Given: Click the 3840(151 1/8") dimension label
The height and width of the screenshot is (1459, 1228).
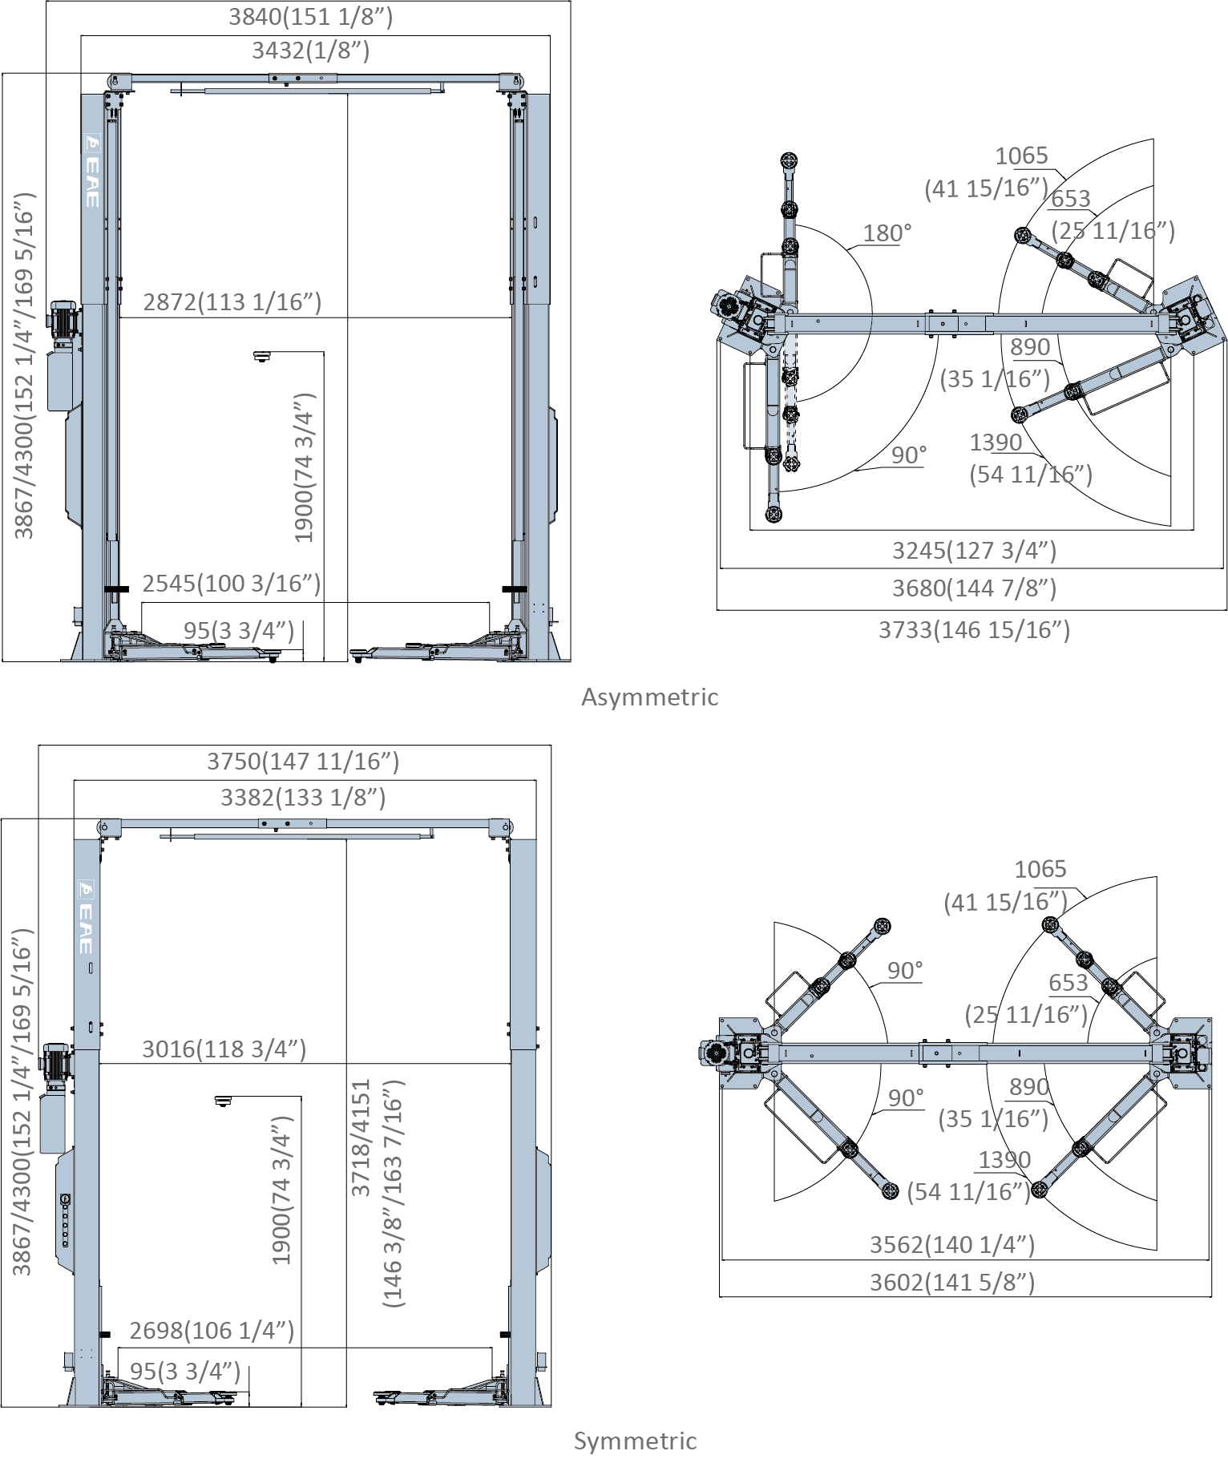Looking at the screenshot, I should [x=310, y=17].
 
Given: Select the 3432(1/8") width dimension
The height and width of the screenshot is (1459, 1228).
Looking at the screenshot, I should [x=310, y=51].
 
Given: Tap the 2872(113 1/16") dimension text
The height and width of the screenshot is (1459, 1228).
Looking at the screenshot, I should [x=232, y=302].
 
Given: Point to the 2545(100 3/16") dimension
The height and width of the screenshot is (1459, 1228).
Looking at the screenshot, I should [x=231, y=583].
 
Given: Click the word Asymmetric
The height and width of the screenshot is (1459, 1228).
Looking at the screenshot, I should [x=649, y=697].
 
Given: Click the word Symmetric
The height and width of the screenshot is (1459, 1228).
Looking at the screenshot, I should [x=635, y=1441].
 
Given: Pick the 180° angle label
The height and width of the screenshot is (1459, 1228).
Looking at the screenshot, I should [x=887, y=233].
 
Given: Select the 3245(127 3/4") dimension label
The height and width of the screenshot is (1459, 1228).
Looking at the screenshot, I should [x=974, y=551].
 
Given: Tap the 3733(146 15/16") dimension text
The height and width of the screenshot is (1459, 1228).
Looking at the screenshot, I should [x=974, y=630].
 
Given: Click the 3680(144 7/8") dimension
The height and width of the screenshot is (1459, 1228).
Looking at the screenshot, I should [x=974, y=588].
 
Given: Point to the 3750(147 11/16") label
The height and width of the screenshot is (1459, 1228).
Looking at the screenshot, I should [x=303, y=761].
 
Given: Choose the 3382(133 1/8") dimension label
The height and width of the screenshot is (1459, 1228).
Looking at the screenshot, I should [x=303, y=797].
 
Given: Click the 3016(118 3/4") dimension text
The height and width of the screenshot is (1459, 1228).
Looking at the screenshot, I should [x=224, y=1049].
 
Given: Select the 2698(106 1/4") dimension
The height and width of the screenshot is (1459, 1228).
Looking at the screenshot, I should [x=212, y=1331].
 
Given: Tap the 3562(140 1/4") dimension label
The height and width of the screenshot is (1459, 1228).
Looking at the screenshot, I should [x=952, y=1244].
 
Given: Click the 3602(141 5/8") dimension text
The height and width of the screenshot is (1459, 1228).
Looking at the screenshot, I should [x=952, y=1283].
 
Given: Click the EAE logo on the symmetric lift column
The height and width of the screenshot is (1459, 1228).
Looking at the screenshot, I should [x=86, y=919].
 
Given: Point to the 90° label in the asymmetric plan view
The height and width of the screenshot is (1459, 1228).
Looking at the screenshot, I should [x=908, y=455].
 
